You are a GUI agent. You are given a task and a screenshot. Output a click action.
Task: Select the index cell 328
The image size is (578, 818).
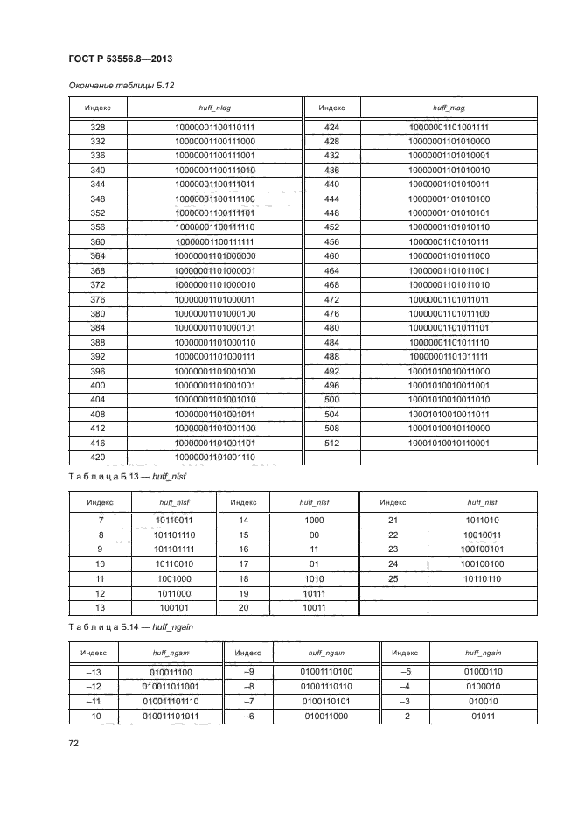tap(98, 127)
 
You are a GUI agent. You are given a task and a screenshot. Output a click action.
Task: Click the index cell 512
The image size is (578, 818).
tap(331, 444)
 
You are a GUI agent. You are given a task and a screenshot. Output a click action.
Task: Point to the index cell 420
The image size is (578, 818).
tap(98, 458)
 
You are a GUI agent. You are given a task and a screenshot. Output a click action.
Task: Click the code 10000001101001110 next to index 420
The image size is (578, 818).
tap(214, 458)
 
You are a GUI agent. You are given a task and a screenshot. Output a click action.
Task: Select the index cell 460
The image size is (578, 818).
tap(331, 256)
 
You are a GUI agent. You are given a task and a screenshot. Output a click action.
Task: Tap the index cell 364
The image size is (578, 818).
tap(98, 256)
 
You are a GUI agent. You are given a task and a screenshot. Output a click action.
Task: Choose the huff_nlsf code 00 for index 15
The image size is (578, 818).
tap(313, 535)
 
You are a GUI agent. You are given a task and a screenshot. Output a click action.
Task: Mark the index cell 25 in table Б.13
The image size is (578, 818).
tap(393, 578)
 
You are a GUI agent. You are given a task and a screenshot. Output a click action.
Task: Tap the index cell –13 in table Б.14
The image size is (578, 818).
tap(95, 671)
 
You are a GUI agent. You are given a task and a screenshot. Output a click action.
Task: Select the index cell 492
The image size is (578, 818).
tap(331, 371)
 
